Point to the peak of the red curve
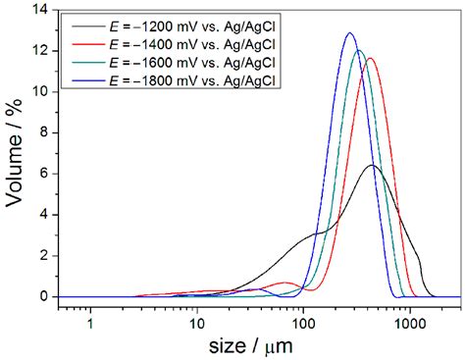coord(370,58)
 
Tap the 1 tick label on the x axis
coord(91,318)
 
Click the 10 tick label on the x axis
coord(196,318)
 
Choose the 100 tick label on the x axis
coord(303,318)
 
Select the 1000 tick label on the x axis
coord(409,318)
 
